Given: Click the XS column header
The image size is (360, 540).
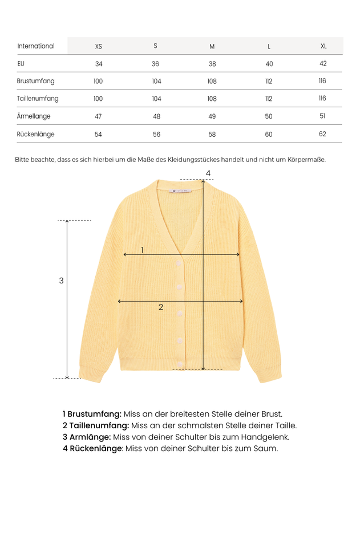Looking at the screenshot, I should (98, 46).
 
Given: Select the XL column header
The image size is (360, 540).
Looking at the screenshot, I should (323, 46).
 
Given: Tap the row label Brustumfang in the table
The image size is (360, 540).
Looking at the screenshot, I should (36, 82).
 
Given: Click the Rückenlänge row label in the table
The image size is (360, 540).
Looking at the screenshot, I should (36, 135).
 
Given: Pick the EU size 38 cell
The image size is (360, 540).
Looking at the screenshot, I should (212, 64).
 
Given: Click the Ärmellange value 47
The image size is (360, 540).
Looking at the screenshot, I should (98, 116).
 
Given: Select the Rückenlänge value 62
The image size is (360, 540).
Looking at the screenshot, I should (322, 134).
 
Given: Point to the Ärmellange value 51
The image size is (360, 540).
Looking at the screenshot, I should (322, 116).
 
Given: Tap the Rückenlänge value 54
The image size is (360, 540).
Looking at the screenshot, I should (98, 135).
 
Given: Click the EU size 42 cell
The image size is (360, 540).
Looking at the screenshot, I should (323, 64).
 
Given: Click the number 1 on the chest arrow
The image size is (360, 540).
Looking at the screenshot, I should (142, 250).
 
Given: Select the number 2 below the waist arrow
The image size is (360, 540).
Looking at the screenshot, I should (161, 307).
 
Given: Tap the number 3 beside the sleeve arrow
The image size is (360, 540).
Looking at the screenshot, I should (62, 281).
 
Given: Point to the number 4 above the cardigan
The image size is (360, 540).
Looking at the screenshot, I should (208, 173).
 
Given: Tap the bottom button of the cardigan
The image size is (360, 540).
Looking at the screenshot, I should (180, 364).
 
